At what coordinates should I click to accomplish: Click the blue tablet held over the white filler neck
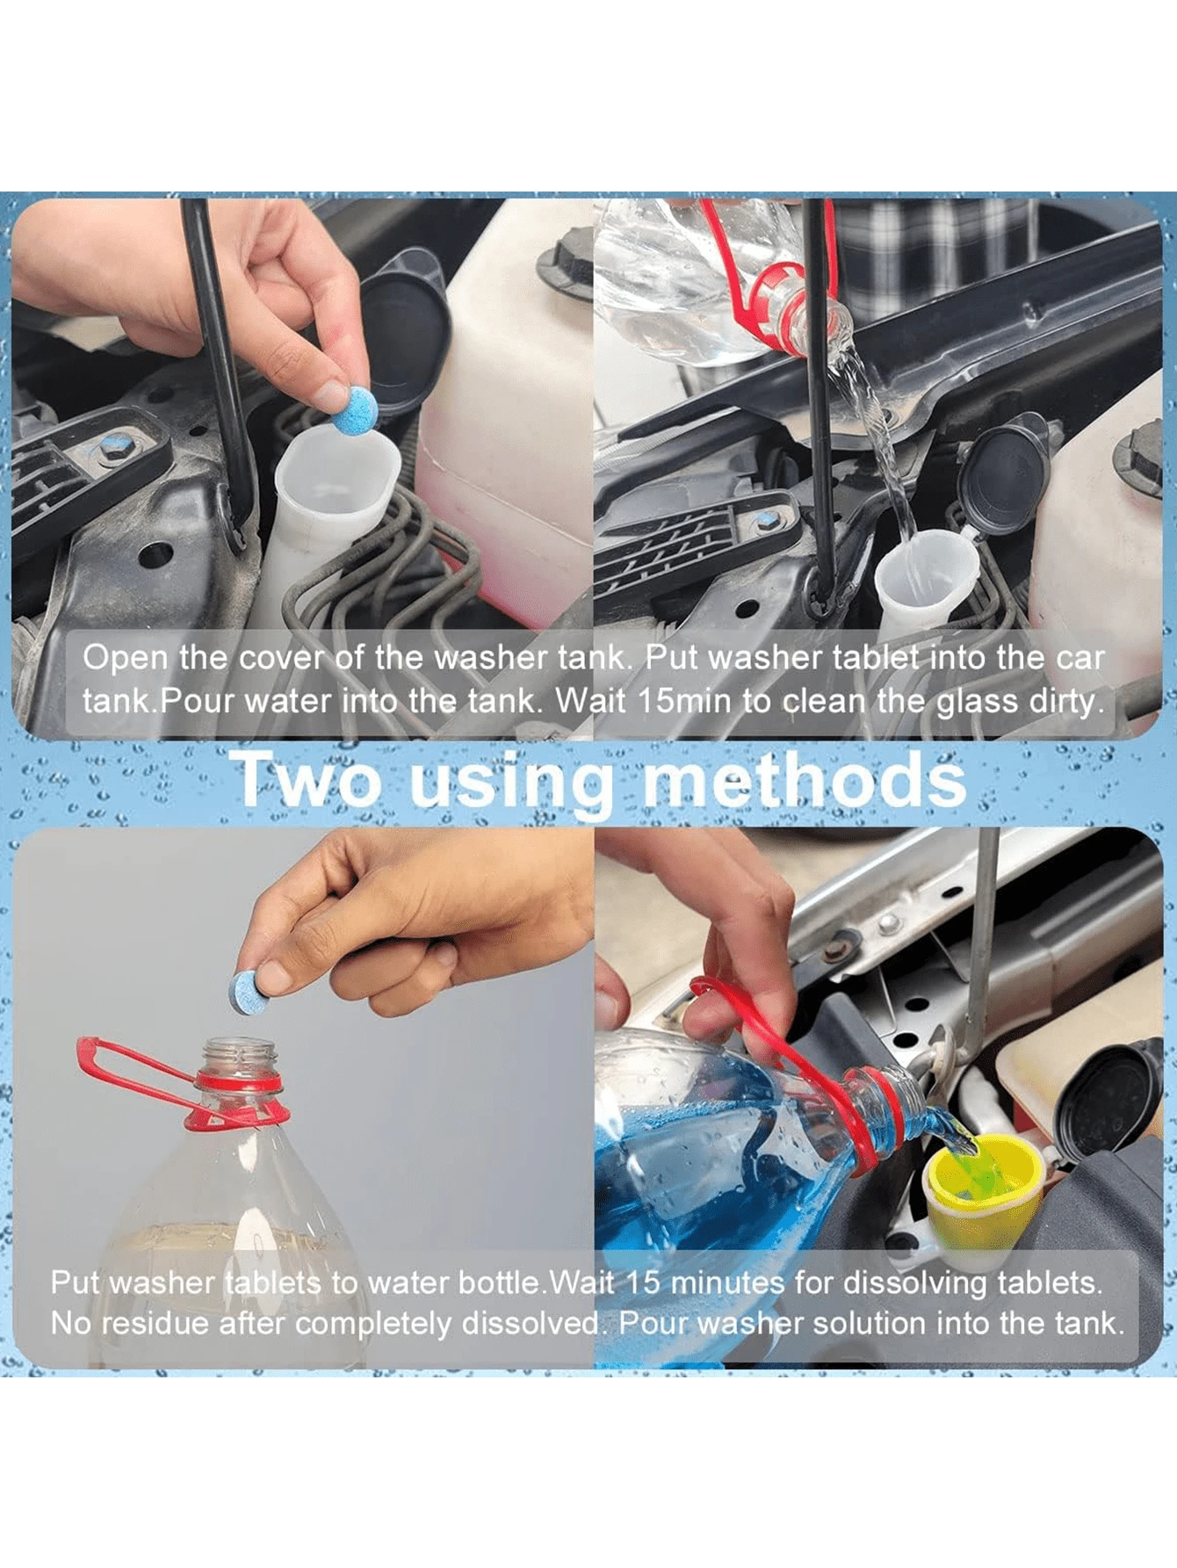coord(354,408)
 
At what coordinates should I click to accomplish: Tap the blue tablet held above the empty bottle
coord(247,991)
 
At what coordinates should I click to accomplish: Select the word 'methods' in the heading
coord(804,779)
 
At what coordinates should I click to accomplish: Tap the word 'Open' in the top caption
coord(124,658)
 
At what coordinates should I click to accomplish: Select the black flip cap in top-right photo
coord(1007,478)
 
